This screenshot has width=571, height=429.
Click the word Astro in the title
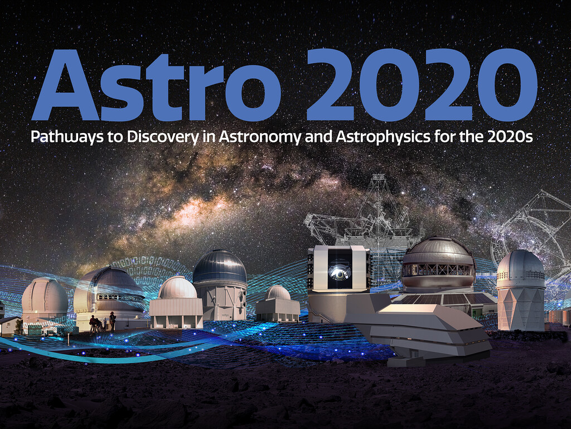point(157,85)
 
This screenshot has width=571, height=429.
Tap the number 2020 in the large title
point(422,85)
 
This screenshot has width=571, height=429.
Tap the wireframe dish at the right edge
point(535,226)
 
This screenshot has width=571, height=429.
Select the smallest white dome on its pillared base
point(278,303)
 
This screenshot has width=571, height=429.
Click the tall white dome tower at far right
point(521,290)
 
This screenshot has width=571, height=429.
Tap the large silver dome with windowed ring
point(438,264)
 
